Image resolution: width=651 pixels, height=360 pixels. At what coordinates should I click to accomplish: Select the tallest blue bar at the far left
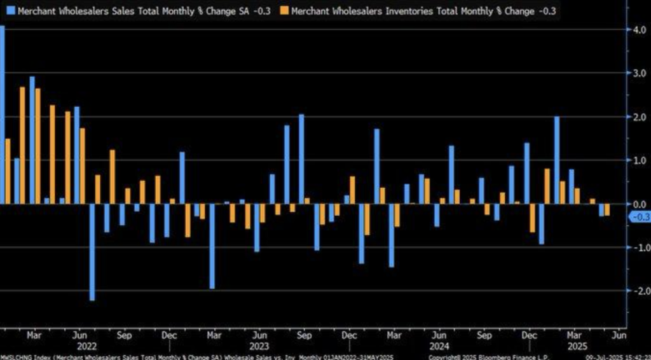pos(2,114)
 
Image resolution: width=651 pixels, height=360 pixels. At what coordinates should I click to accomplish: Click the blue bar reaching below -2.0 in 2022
pos(92,252)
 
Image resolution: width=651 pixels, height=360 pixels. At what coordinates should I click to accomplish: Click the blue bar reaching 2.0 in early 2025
pos(557,160)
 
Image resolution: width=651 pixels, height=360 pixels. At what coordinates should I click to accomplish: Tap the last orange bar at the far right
pos(607,210)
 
